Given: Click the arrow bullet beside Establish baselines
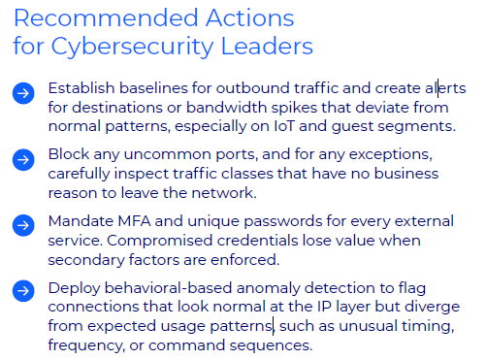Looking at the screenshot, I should [x=23, y=92].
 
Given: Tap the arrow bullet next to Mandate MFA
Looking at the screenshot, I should [x=23, y=225].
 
